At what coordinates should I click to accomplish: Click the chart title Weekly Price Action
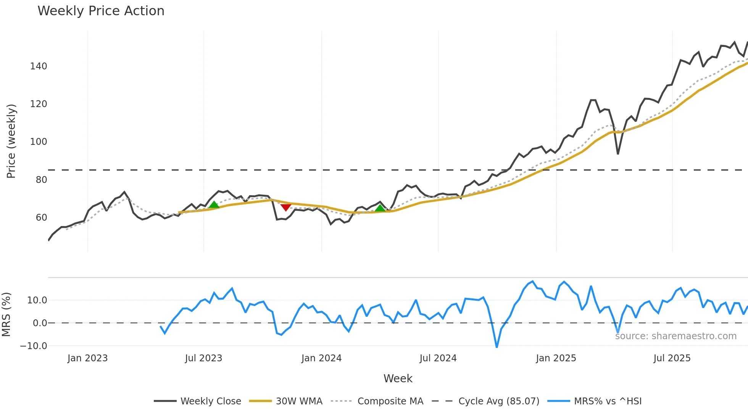point(101,11)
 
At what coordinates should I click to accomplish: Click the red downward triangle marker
point(286,207)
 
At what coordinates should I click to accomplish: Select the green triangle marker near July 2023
point(214,205)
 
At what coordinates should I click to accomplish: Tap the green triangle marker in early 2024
point(380,208)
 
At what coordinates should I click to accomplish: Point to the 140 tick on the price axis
point(39,66)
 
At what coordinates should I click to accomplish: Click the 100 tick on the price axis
point(39,142)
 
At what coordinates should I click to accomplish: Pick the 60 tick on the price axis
point(41,218)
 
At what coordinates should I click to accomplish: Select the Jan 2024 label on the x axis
point(321,358)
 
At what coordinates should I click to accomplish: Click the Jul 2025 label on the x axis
point(672,358)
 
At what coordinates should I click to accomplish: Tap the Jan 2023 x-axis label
point(87,358)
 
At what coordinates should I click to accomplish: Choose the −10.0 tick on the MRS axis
point(34,346)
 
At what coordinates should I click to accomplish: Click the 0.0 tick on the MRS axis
point(40,323)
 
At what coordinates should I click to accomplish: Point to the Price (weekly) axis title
point(11,141)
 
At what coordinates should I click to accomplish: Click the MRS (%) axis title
point(6,314)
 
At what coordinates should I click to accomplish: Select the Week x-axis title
point(398,378)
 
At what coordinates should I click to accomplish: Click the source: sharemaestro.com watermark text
point(675,336)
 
